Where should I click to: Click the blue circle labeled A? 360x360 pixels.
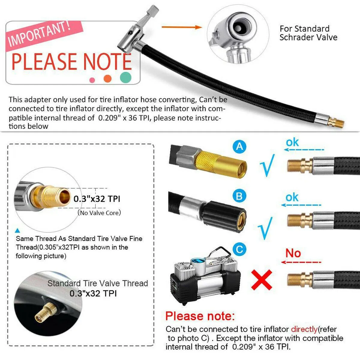click(239, 147)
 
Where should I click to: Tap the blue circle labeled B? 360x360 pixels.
click(239, 196)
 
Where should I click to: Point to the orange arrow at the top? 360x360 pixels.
click(182, 27)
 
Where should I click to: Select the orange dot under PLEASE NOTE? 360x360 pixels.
click(107, 79)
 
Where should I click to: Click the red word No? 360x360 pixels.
click(293, 253)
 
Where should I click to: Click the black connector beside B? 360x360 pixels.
click(225, 216)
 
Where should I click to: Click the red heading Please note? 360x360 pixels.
click(200, 316)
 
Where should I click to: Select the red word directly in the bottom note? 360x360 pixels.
click(304, 329)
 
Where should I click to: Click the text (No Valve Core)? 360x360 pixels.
click(99, 213)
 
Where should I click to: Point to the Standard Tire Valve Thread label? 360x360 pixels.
click(97, 283)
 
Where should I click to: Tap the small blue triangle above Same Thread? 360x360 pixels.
click(18, 231)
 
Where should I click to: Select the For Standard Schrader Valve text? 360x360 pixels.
click(308, 33)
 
